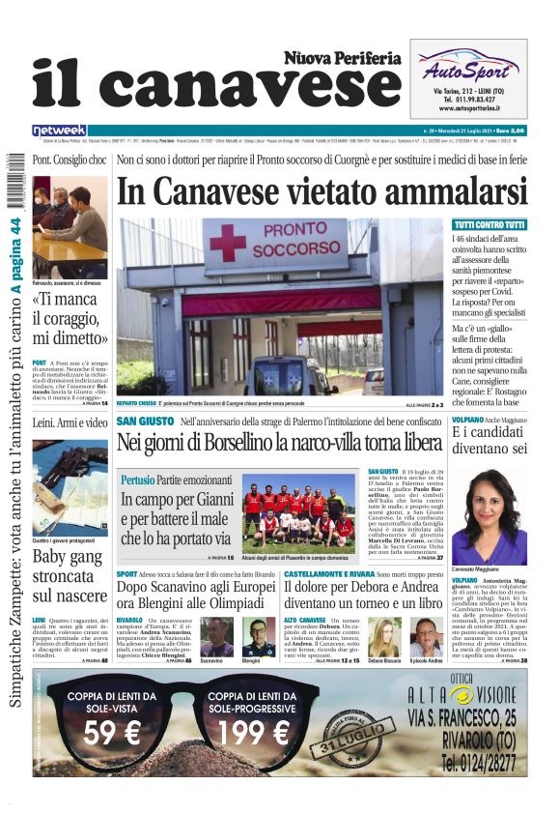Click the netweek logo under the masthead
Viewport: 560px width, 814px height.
[x=59, y=131]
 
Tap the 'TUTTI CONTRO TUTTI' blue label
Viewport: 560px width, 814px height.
[x=489, y=225]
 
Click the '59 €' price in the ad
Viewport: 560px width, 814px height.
[x=113, y=733]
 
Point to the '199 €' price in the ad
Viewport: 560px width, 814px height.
[x=253, y=733]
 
